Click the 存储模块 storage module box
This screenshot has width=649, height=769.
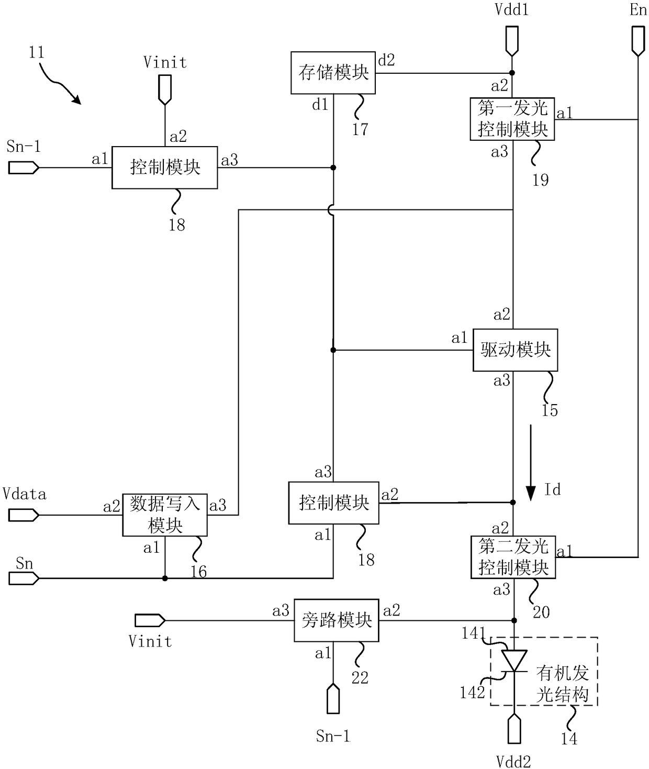tap(333, 73)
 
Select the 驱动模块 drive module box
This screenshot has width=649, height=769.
tap(515, 350)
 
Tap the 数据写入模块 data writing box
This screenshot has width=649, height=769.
tap(165, 515)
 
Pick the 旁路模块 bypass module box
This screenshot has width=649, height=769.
tap(337, 620)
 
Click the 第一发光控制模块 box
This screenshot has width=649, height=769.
tap(512, 119)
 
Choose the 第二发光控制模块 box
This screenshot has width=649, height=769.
tap(513, 557)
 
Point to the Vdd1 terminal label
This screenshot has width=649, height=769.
tap(512, 10)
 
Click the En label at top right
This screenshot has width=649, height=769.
tap(639, 10)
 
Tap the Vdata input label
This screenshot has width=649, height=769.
tap(25, 494)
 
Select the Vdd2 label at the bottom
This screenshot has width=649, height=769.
tap(513, 762)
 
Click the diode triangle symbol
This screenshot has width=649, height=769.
tap(514, 661)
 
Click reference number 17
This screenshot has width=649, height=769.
tap(360, 129)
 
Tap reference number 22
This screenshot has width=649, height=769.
tap(360, 678)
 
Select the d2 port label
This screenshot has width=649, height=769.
tap(387, 60)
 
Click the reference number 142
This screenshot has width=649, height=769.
tap(473, 693)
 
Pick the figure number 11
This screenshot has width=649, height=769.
tap(37, 52)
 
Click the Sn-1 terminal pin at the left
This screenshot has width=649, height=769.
tap(24, 168)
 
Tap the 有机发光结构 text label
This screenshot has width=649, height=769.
tap(562, 684)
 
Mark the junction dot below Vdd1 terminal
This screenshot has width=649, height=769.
tap(512, 73)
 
